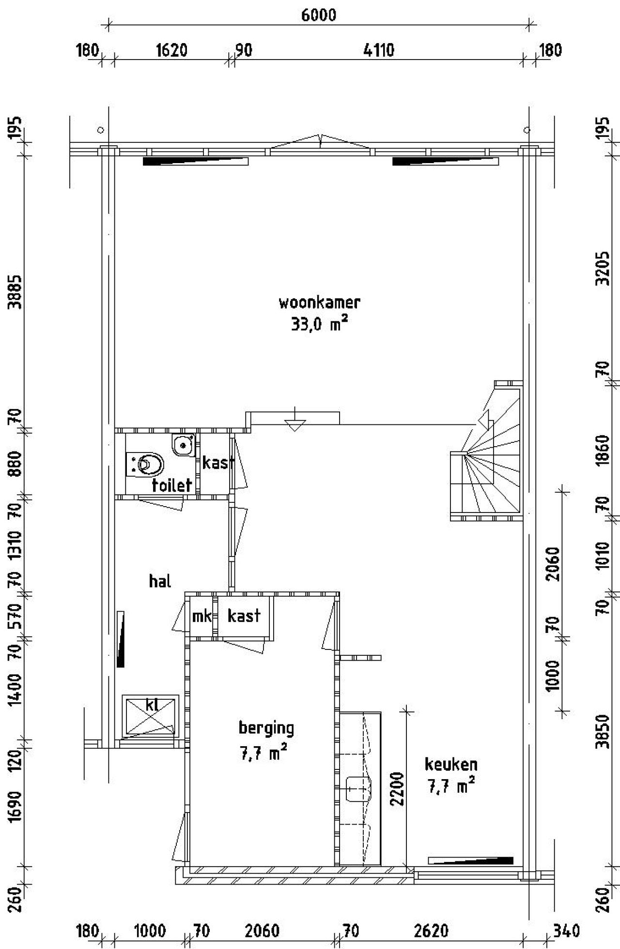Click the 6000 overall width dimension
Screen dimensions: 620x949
pyautogui.click(x=318, y=15)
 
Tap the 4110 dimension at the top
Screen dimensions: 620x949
pyautogui.click(x=379, y=50)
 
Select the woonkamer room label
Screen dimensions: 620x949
pyautogui.click(x=320, y=302)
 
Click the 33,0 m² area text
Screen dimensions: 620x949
pyautogui.click(x=320, y=324)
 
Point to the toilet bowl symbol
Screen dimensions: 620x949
pyautogui.click(x=145, y=465)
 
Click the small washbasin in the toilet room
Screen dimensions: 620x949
pyautogui.click(x=184, y=444)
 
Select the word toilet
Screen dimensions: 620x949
pyautogui.click(x=172, y=485)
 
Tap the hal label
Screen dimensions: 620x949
pyautogui.click(x=160, y=581)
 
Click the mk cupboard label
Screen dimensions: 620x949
pyautogui.click(x=202, y=616)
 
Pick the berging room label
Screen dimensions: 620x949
pyautogui.click(x=266, y=728)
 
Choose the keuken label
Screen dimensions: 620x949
pyautogui.click(x=451, y=764)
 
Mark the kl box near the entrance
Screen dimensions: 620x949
pyautogui.click(x=151, y=716)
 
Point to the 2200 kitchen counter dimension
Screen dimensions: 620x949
pyautogui.click(x=397, y=788)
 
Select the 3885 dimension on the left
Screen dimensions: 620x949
pyautogui.click(x=16, y=291)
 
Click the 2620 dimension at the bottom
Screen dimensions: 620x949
pyautogui.click(x=431, y=931)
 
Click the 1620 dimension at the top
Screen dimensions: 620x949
pyautogui.click(x=171, y=50)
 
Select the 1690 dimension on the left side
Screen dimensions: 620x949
pyautogui.click(x=16, y=806)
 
